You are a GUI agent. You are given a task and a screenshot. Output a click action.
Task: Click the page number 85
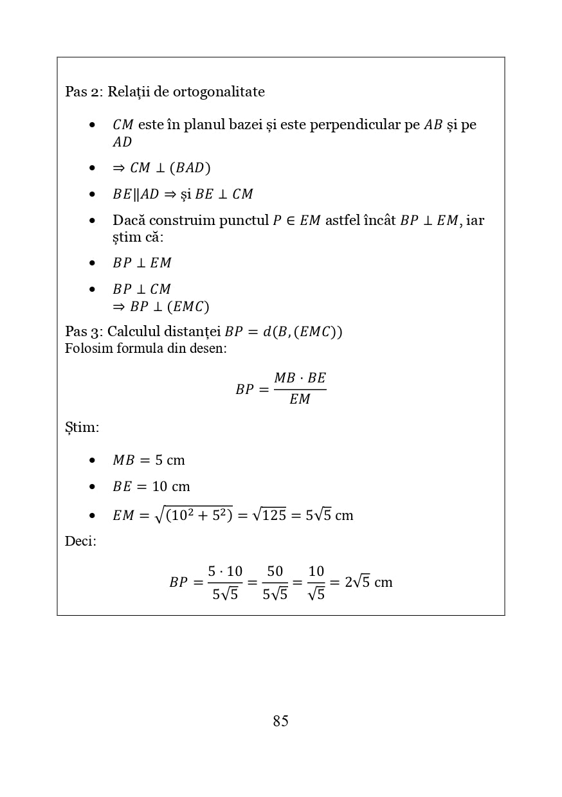click(280, 721)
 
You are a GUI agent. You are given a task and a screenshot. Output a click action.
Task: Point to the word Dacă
click(129, 220)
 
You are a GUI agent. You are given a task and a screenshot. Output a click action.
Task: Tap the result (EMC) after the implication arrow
click(188, 307)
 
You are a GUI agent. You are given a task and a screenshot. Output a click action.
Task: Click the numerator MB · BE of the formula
click(300, 378)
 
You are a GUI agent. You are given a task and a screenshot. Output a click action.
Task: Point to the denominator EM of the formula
click(300, 399)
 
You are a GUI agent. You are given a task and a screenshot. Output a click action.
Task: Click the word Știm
click(82, 427)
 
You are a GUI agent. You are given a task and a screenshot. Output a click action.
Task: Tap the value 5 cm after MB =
click(170, 460)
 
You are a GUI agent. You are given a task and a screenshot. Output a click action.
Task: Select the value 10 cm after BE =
click(171, 487)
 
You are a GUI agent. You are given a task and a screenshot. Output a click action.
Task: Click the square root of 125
click(269, 515)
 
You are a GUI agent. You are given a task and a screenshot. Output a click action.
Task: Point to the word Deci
click(80, 541)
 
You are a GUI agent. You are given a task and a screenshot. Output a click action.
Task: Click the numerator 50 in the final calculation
click(275, 571)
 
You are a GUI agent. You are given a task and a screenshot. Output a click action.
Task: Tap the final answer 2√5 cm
click(368, 582)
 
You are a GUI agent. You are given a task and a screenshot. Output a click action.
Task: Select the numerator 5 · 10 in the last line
click(225, 571)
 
